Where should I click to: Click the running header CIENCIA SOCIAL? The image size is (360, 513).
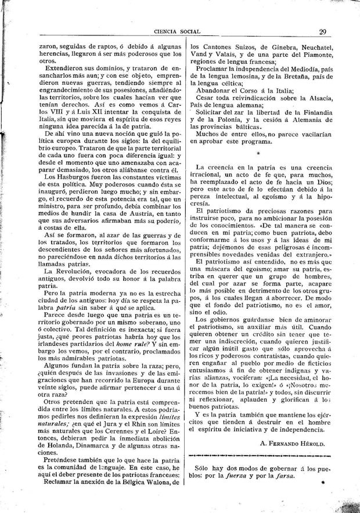[x=173, y=32]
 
